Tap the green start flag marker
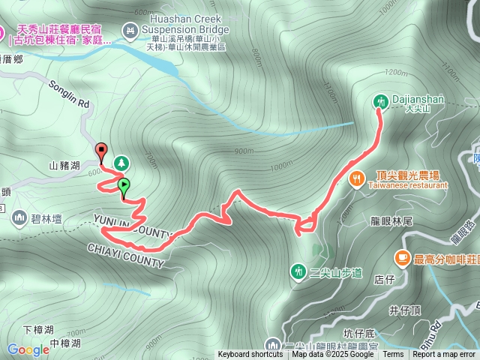click(x=124, y=185)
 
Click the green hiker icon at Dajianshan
click(x=380, y=100)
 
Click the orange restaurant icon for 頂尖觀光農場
click(x=356, y=178)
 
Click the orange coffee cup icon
click(x=403, y=258)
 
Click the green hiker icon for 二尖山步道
click(x=298, y=270)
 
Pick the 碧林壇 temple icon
click(x=19, y=217)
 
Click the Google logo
click(x=28, y=349)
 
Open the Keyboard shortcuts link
click(x=250, y=355)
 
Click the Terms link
click(x=393, y=355)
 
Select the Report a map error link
click(x=444, y=355)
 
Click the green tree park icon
click(x=121, y=162)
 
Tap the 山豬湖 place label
click(x=65, y=164)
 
